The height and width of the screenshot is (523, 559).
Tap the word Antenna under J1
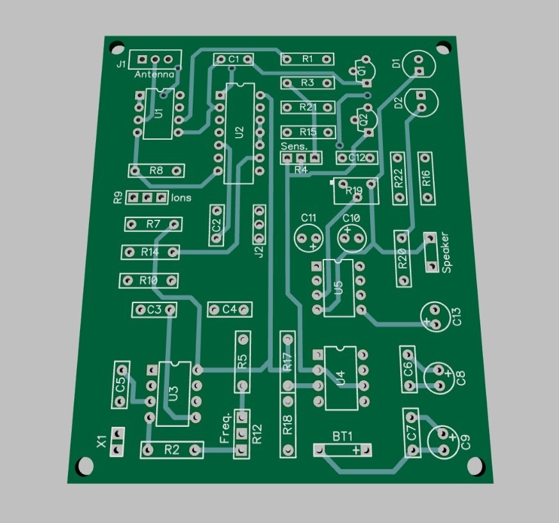(154, 74)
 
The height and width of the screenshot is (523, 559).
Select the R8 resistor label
(156, 170)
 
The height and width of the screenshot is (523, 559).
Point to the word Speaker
(446, 253)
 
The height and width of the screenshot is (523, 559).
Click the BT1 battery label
(343, 436)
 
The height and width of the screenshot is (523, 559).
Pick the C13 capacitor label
(457, 317)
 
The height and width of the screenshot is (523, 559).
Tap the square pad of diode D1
(419, 71)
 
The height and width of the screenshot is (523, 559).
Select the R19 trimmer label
(354, 190)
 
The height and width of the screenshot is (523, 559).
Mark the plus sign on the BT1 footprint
(356, 450)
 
